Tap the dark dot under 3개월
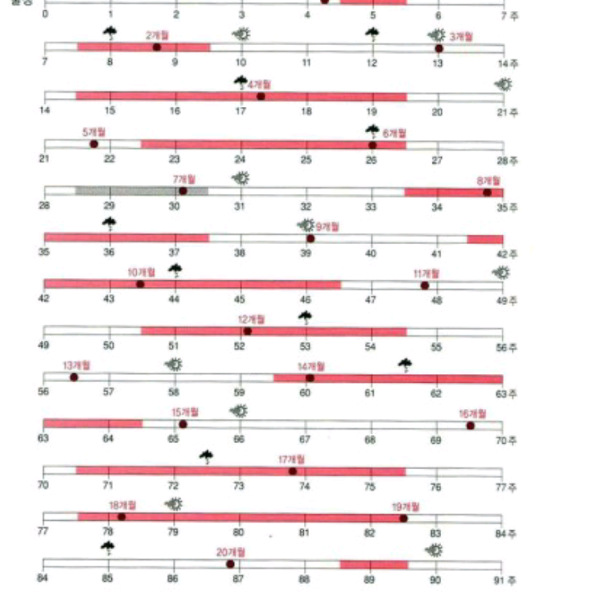point(439,48)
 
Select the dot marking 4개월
point(261,96)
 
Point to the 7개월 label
point(184,179)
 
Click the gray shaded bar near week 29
point(142,191)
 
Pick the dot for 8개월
point(487,192)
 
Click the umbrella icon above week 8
point(110,32)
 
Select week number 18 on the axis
point(306,111)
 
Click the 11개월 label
point(426,273)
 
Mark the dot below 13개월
point(74,377)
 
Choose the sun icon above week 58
point(174,364)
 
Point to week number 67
point(305,439)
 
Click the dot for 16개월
point(470,425)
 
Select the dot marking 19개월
point(403,518)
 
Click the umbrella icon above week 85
point(108,546)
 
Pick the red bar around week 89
point(374,565)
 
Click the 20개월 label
point(231,551)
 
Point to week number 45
point(240,299)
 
